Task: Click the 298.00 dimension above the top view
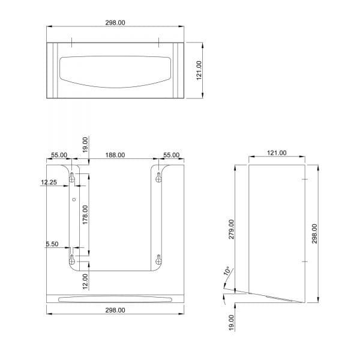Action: [x=115, y=23]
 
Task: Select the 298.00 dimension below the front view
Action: [x=115, y=310]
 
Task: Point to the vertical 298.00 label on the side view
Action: [x=314, y=234]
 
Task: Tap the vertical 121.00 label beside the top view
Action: [x=199, y=70]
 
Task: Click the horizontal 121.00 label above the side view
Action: [x=277, y=153]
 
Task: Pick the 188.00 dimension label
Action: [x=115, y=155]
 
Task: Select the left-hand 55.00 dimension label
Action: [x=59, y=155]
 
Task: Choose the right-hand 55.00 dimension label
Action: [x=171, y=155]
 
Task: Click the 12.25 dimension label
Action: [x=49, y=182]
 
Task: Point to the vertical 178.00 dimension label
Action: [x=85, y=215]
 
